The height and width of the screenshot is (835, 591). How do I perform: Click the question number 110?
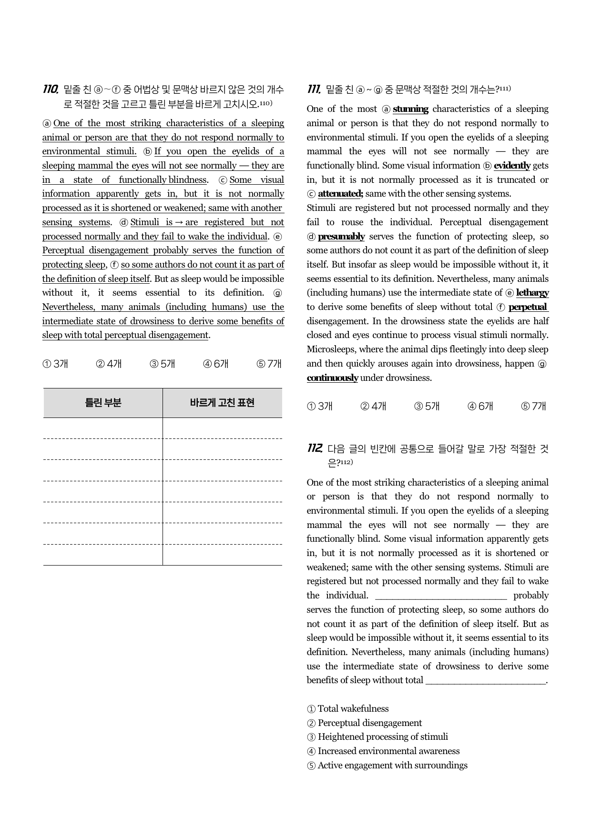51,89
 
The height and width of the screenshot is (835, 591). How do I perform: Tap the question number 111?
314,89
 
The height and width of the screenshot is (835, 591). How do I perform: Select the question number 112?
315,448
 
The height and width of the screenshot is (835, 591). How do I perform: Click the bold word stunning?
410,109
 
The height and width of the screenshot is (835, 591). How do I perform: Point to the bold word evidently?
512,166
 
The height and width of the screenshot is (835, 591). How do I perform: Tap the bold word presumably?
341,237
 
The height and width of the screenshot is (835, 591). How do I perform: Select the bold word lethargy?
532,293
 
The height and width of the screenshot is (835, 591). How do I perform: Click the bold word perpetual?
528,307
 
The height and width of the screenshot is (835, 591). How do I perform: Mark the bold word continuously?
332,378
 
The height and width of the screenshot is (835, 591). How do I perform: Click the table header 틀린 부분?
103,403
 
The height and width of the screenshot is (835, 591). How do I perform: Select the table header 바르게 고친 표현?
222,403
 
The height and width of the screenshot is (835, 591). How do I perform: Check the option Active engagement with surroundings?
392,765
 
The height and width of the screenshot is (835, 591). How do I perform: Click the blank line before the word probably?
441,596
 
